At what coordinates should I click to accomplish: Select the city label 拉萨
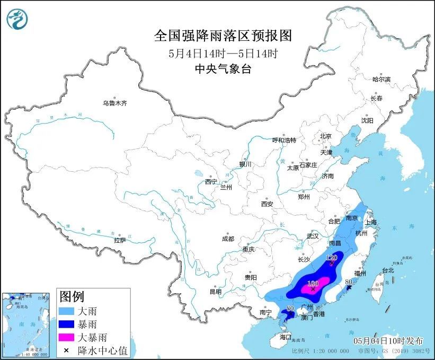coord(120,240)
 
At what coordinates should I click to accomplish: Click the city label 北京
coord(325,136)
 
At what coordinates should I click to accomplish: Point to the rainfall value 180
coord(313,284)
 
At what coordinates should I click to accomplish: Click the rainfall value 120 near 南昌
coord(332,258)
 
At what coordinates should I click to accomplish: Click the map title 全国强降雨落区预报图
coord(223,36)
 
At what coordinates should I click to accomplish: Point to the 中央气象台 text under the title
coord(223,69)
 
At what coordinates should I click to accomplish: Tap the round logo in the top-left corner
coord(17,20)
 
